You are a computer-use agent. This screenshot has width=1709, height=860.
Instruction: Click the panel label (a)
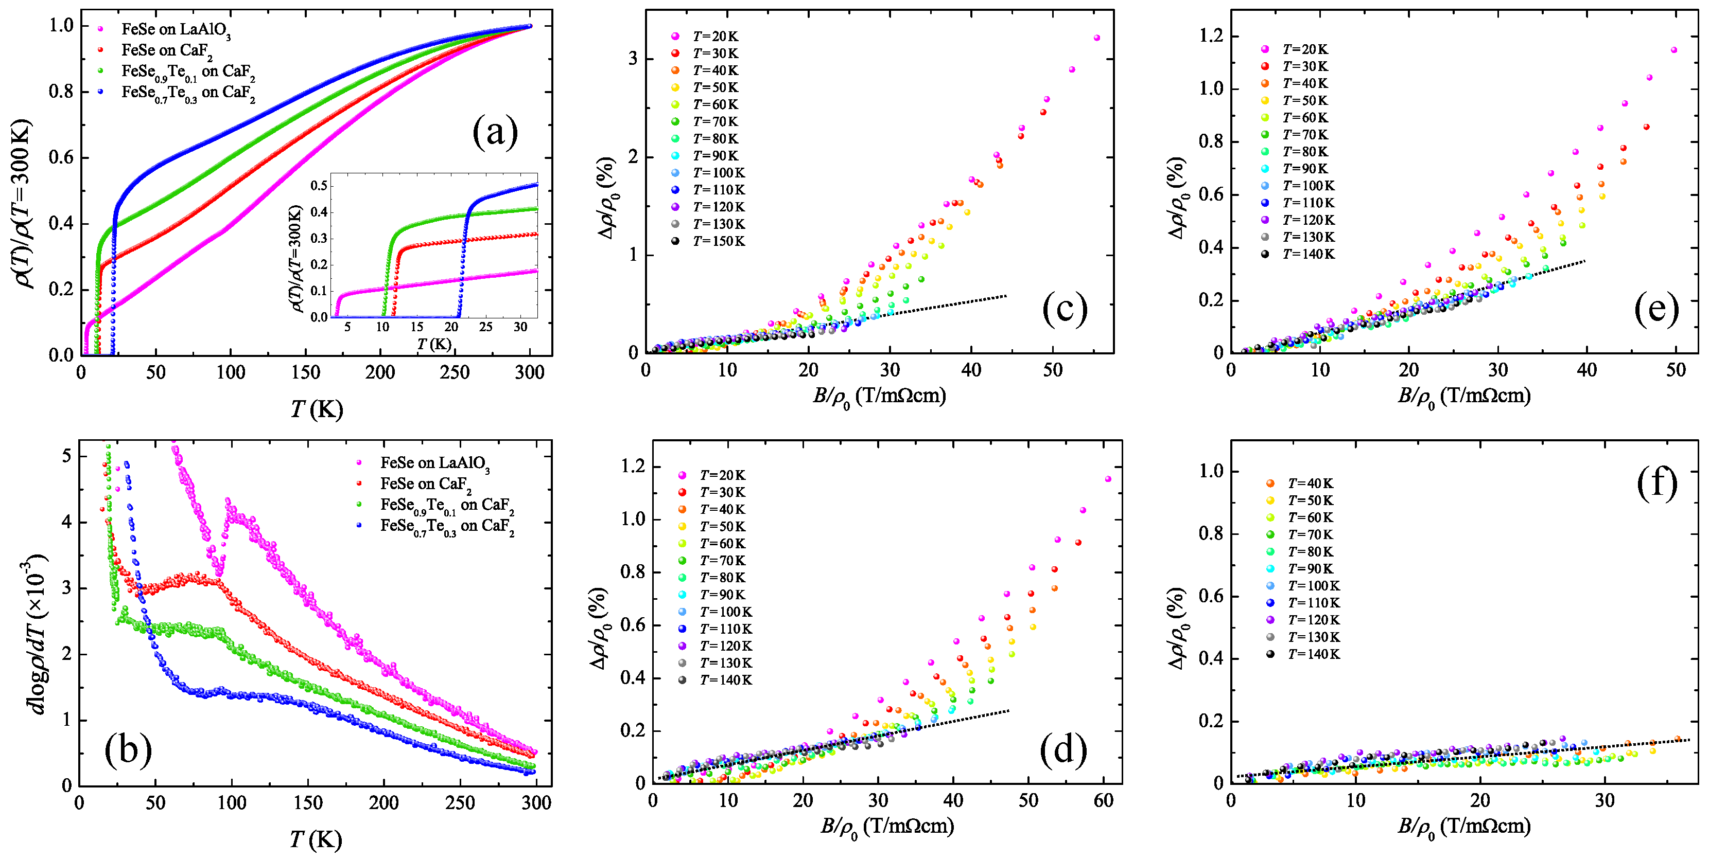click(495, 132)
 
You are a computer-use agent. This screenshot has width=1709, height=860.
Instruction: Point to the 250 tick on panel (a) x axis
click(455, 372)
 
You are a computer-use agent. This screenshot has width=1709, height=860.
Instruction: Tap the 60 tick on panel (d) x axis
click(1103, 801)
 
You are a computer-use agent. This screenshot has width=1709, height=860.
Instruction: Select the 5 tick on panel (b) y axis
click(66, 456)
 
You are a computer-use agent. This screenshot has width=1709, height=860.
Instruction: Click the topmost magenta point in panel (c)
click(1096, 38)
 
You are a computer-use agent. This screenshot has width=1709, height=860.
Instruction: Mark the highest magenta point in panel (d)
click(1108, 479)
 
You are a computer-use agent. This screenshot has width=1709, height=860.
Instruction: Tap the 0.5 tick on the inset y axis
click(319, 186)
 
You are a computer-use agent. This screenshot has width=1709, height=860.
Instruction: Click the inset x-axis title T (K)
click(434, 344)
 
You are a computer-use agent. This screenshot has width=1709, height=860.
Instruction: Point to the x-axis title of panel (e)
click(1463, 397)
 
